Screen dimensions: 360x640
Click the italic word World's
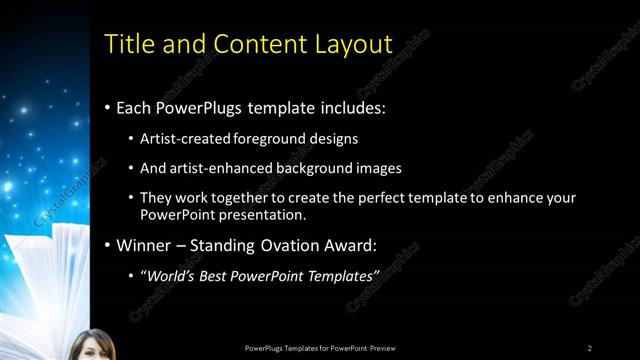pyautogui.click(x=172, y=275)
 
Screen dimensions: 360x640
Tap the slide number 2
pyautogui.click(x=590, y=348)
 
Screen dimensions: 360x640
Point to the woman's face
pyautogui.click(x=91, y=346)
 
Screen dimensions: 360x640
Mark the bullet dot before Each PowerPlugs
pyautogui.click(x=108, y=106)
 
